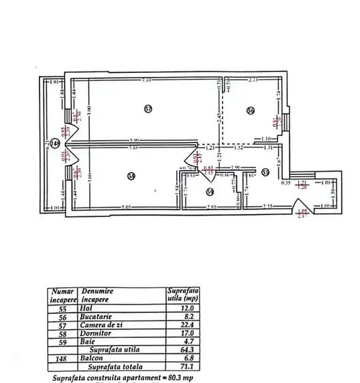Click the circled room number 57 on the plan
click(148, 108)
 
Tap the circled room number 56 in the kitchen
click(250, 111)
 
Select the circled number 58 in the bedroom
click(131, 177)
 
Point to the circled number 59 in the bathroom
click(210, 193)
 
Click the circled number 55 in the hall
click(265, 172)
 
